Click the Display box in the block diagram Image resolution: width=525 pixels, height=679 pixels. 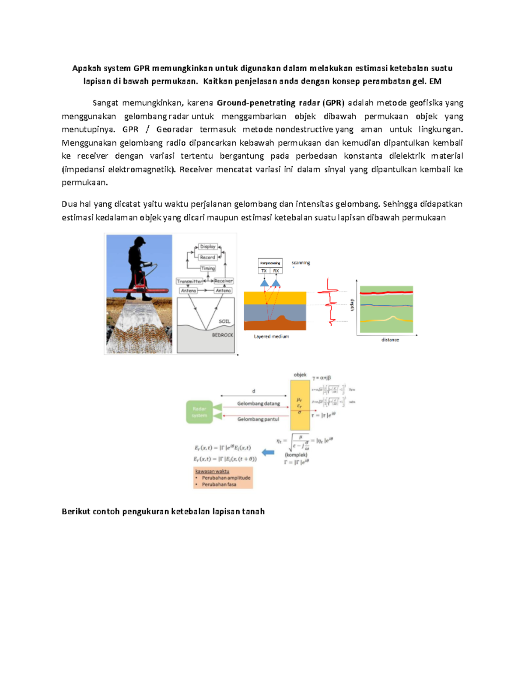coord(208,247)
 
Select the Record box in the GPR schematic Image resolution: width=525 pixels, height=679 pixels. coord(208,258)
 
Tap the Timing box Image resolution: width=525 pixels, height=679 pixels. coord(208,268)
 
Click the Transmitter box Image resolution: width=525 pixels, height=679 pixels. coord(189,281)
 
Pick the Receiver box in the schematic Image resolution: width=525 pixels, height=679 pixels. coord(224,281)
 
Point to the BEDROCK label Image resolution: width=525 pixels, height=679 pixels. coord(223,335)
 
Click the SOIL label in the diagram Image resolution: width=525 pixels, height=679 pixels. coord(224,321)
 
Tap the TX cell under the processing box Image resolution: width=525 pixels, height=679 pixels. coord(264,271)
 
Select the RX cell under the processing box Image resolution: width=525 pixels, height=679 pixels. coord(276,271)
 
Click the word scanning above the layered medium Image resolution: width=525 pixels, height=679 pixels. coord(301,263)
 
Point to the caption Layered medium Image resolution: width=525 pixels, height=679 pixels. coord(271,337)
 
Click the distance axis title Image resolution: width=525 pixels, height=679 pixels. coord(390,340)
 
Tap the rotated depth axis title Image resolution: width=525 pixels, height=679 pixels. coord(351,305)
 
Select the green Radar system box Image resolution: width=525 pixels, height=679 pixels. coord(199,412)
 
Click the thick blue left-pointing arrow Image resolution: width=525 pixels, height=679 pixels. coord(268,453)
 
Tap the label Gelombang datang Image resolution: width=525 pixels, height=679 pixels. coord(258,404)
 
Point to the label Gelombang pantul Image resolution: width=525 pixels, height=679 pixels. coord(258,419)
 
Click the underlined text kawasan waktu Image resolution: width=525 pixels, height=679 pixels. coord(212,471)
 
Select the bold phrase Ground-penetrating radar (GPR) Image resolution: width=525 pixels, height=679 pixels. coord(280,103)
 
